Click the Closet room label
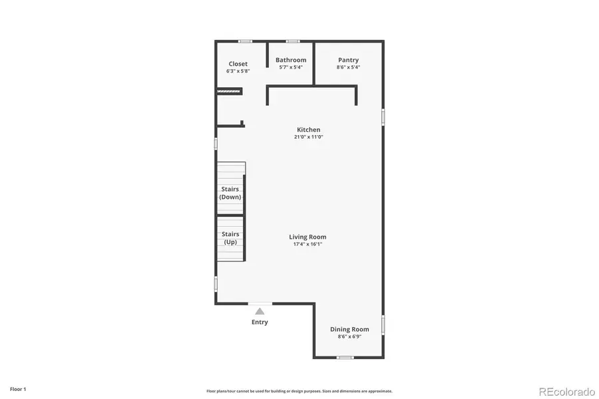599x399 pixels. coord(238,64)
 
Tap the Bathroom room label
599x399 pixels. coord(291,60)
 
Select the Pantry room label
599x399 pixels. coord(348,60)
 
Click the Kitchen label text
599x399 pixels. coord(308,130)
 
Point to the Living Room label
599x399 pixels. coord(307,237)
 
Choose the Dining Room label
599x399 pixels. coord(349,329)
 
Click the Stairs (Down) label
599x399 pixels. coord(230,193)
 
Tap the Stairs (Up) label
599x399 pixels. coord(230,238)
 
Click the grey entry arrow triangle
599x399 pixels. coord(260,311)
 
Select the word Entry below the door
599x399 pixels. coord(260,323)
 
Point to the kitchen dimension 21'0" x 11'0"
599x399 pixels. coord(308,137)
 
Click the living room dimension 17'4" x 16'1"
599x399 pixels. coord(307,244)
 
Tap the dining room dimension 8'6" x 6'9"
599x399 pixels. coord(349,336)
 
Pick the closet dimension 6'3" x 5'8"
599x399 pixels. coord(238,70)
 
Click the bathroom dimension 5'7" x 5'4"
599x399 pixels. coord(291,66)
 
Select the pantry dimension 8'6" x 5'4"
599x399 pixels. coord(348,66)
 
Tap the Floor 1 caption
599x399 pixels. coord(18,389)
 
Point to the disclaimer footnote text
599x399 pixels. coord(299,391)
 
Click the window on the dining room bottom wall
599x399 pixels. coord(344,358)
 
